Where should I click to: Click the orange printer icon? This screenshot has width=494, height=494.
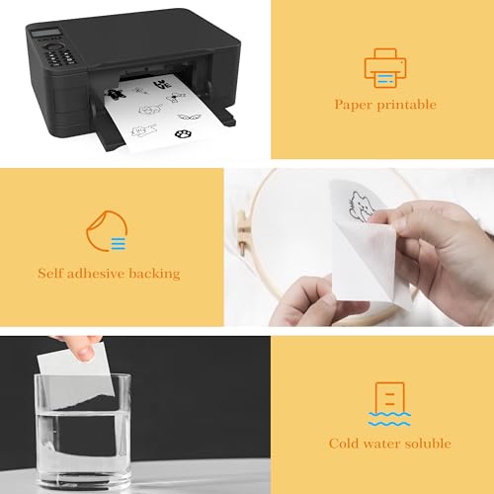pos(383,66)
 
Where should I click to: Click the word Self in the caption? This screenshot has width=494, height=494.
pos(52,273)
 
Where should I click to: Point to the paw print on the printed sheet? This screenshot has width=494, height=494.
pos(183,131)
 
